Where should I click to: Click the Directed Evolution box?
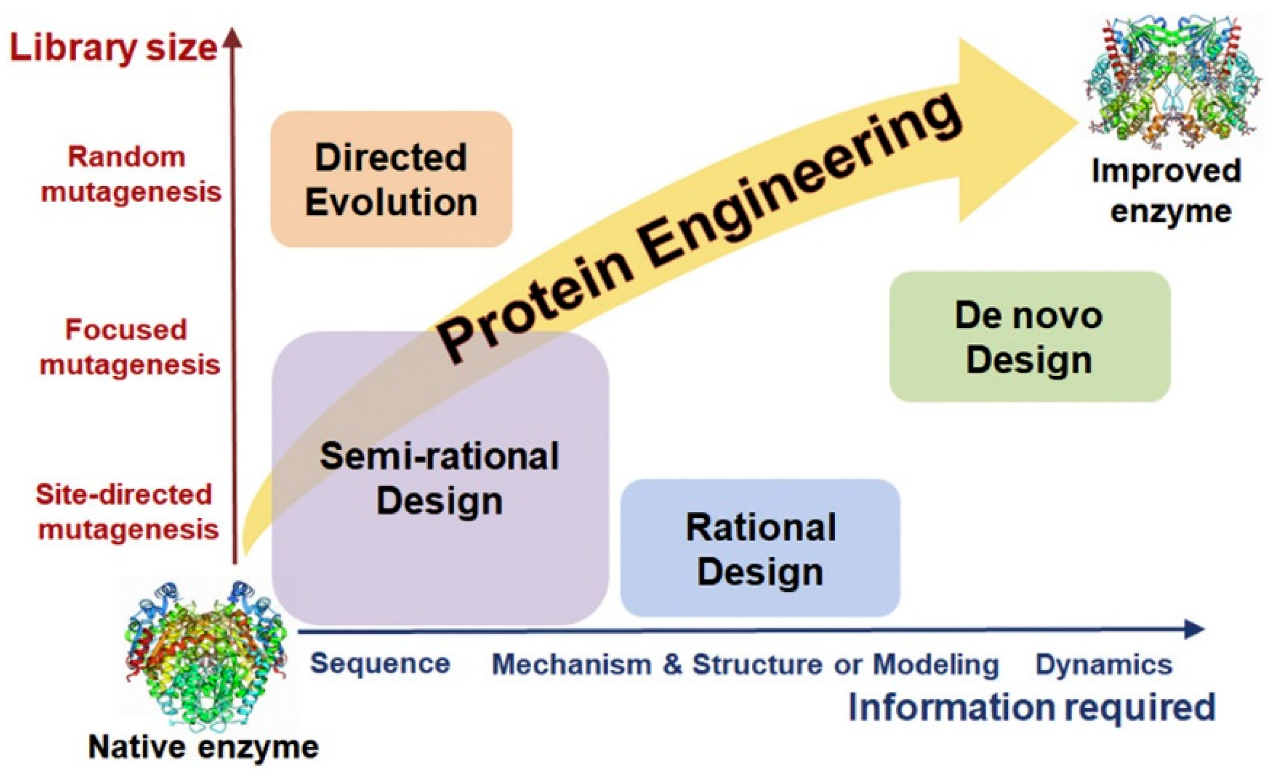[391, 179]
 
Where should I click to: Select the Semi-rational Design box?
[440, 478]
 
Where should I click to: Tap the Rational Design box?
[760, 548]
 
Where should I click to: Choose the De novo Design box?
[1029, 337]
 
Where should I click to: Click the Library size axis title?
[113, 48]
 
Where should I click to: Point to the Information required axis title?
[1032, 707]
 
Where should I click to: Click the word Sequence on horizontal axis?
[380, 664]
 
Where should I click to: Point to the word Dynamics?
[1104, 665]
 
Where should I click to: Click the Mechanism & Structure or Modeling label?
[745, 665]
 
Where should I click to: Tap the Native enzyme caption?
[203, 747]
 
